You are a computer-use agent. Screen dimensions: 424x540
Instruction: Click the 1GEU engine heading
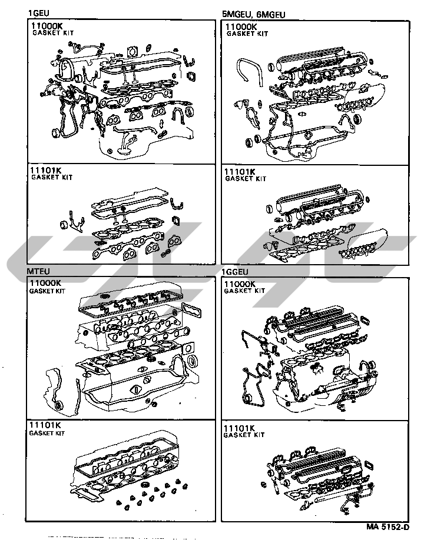pos(39,13)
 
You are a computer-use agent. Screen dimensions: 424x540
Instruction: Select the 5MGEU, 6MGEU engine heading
pos(253,14)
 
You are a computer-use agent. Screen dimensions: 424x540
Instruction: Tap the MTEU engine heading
pos(38,271)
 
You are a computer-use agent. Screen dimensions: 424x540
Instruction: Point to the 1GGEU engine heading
pos(234,272)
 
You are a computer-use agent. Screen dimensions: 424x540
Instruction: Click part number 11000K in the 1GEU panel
pos(47,25)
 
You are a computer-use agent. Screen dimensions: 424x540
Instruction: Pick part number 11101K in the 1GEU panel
pos(45,170)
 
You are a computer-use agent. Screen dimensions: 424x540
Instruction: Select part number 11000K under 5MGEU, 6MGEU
pos(241,26)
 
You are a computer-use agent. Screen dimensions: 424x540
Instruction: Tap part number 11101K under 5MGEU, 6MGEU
pos(240,172)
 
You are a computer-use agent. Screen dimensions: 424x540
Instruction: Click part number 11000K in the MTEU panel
pos(45,283)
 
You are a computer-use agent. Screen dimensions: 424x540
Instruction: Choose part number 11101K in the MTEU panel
pos(45,425)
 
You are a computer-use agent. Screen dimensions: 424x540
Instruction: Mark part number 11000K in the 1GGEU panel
pos(240,284)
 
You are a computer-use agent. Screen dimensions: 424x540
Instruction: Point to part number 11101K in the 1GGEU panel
pos(239,428)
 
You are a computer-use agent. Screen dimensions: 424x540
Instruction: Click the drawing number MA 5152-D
pos(388,527)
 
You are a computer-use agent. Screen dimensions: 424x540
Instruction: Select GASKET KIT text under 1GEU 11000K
pos(53,33)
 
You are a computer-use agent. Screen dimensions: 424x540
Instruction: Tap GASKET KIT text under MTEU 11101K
pos(47,434)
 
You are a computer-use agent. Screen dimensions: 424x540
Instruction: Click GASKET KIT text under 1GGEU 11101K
pos(244,435)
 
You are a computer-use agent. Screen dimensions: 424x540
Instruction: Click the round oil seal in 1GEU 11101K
pos(64,225)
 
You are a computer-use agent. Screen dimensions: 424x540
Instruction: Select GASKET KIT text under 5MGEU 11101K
pos(246,179)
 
